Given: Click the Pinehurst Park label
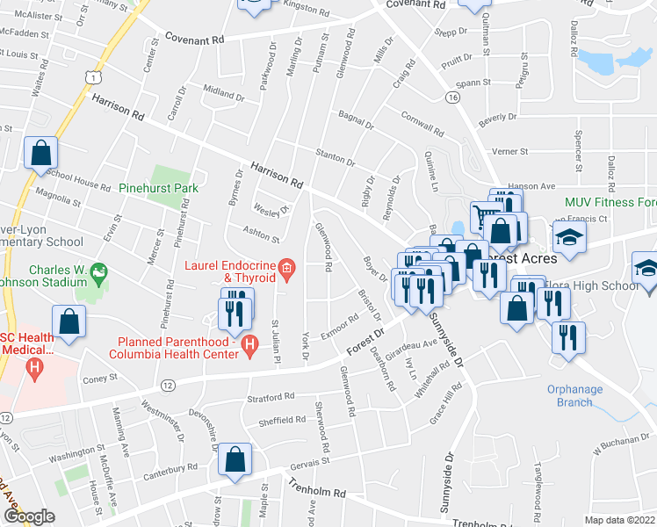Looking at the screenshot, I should pyautogui.click(x=161, y=188).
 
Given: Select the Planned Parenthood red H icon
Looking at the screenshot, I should pyautogui.click(x=250, y=345).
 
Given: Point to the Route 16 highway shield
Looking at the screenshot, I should pyautogui.click(x=453, y=96).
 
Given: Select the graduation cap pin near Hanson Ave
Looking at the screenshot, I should pyautogui.click(x=570, y=237).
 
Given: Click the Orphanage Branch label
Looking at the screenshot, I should pyautogui.click(x=575, y=396).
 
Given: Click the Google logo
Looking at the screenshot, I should pyautogui.click(x=29, y=516).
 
